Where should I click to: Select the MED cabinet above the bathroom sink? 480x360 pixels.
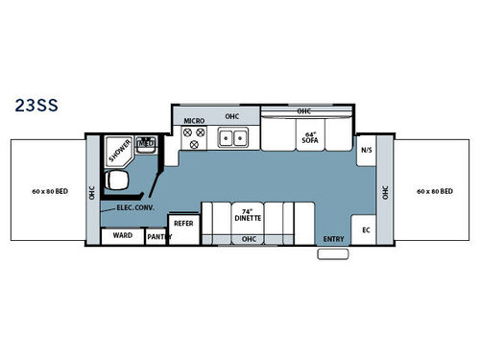coord(147,147)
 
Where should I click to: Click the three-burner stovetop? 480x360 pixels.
coord(194,140)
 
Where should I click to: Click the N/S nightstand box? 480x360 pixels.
coord(366,151)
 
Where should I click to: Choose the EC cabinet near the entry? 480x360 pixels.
coord(366,230)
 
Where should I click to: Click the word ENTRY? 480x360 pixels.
coord(333,239)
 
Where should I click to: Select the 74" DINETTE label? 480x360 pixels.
coord(249,213)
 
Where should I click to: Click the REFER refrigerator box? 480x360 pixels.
coord(183,221)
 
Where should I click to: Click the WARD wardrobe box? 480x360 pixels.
coord(122,234)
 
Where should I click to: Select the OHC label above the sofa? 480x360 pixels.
coord(304,111)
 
